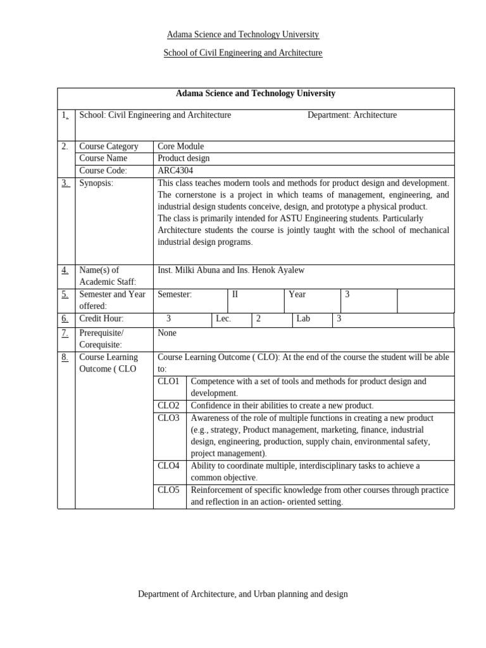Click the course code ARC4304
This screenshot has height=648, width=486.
pos(175,171)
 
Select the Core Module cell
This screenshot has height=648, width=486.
pos(180,146)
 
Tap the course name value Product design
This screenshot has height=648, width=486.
pos(184,158)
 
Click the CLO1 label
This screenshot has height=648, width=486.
pos(168,382)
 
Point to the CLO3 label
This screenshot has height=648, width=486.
pos(168,418)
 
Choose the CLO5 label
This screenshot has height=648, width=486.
pos(168,490)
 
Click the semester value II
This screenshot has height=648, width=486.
pos(235,294)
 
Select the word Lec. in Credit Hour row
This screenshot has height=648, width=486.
pos(223,319)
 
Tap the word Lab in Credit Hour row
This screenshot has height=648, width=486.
pos(303,319)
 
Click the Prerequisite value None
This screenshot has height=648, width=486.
pos(167,333)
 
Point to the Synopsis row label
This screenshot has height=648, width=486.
pos(96,183)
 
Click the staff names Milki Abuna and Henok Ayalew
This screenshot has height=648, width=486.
pos(231,270)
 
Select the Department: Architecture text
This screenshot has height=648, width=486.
pos(352,115)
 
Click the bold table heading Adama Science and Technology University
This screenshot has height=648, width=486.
pos(256,94)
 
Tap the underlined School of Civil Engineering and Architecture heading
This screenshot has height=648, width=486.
pos(243,53)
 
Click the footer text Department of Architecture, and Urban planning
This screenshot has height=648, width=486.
pos(243,594)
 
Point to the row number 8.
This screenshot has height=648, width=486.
pos(65,358)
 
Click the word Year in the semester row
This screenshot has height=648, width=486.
pos(297,294)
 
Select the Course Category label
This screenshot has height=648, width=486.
pos(109,146)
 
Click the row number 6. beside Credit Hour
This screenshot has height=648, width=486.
pos(65,319)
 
